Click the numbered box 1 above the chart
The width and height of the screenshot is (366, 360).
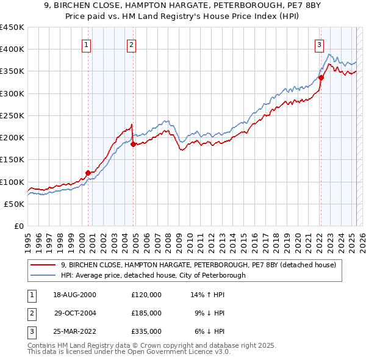[87, 45]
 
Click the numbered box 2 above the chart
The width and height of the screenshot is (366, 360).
[132, 45]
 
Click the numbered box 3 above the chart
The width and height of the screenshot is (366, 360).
[319, 45]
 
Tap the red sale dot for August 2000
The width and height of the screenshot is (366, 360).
[88, 173]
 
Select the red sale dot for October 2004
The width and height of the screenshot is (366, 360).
[133, 144]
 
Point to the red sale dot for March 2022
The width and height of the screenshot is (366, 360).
[321, 77]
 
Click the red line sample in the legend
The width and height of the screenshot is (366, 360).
[43, 265]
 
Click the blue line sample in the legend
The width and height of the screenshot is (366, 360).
[43, 275]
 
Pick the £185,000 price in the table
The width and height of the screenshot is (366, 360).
[146, 313]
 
